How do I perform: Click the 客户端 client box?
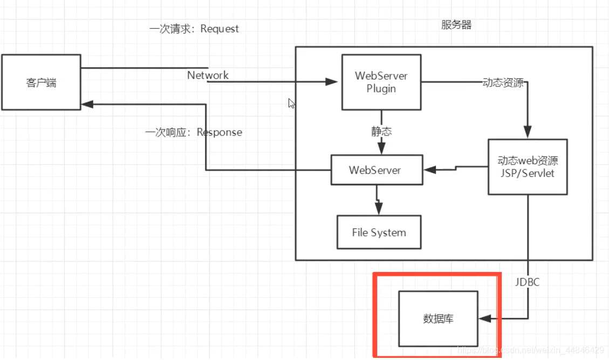point(41,83)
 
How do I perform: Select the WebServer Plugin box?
point(381,82)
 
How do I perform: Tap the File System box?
point(379,233)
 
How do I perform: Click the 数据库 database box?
point(438,318)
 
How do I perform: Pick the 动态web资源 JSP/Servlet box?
point(528,167)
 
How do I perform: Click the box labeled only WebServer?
point(375,170)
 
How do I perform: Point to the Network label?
point(208,75)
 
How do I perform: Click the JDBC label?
point(527,282)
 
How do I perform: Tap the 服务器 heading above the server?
point(456,25)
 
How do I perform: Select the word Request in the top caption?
point(220,29)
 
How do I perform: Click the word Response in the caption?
point(220,132)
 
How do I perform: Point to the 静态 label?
point(381,131)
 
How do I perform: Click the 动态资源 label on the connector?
point(503,83)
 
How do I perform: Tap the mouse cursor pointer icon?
point(291,103)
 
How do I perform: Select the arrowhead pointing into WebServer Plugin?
point(331,82)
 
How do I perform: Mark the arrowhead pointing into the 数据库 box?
point(485,318)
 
